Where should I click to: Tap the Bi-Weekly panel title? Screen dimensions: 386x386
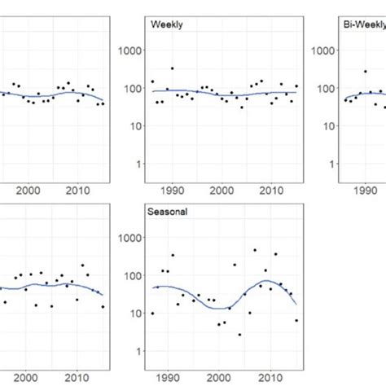tap(363, 24)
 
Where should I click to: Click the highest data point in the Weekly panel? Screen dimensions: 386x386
tap(172, 68)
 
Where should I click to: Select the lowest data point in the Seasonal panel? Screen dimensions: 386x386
tap(239, 335)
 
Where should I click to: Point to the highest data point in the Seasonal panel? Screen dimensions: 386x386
tap(254, 251)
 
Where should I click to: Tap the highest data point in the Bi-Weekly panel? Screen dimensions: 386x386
tap(366, 72)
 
